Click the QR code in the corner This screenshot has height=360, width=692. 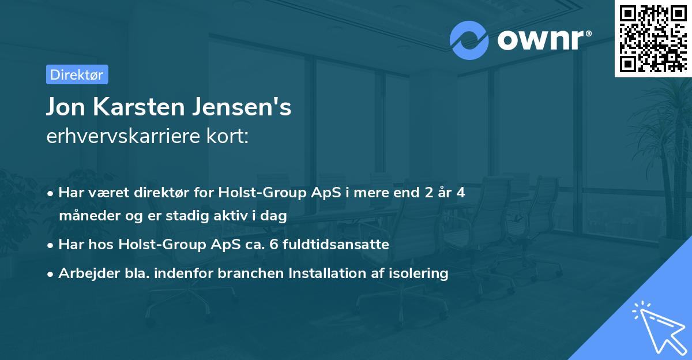[x=653, y=38]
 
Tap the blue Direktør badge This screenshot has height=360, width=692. [x=77, y=74]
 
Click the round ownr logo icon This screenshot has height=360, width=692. [x=469, y=40]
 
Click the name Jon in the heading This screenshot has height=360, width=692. [x=65, y=108]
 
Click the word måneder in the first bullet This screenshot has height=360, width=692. [x=84, y=216]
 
